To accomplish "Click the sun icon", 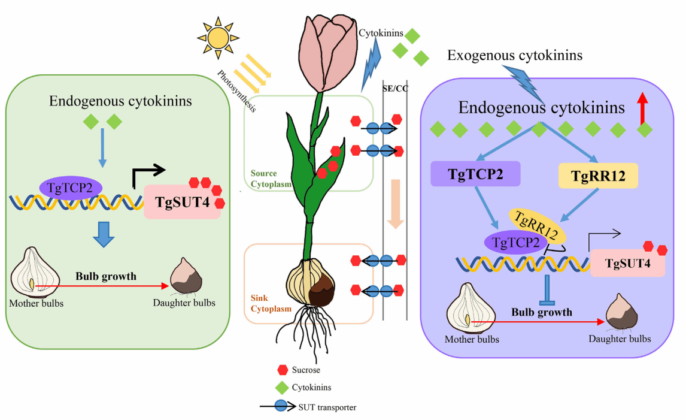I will point(218,37).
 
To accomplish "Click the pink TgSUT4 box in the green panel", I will point(182,202).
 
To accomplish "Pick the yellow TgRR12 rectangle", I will point(597,175).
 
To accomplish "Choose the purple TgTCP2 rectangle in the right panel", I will point(475,174).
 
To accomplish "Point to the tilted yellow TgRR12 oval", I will point(538,224).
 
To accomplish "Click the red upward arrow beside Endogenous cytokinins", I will point(643,108).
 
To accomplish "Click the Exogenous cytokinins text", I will point(515,56).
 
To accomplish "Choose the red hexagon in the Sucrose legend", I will point(283,370).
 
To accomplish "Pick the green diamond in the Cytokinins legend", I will point(283,388).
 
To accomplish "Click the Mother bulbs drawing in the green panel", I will point(37,273).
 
